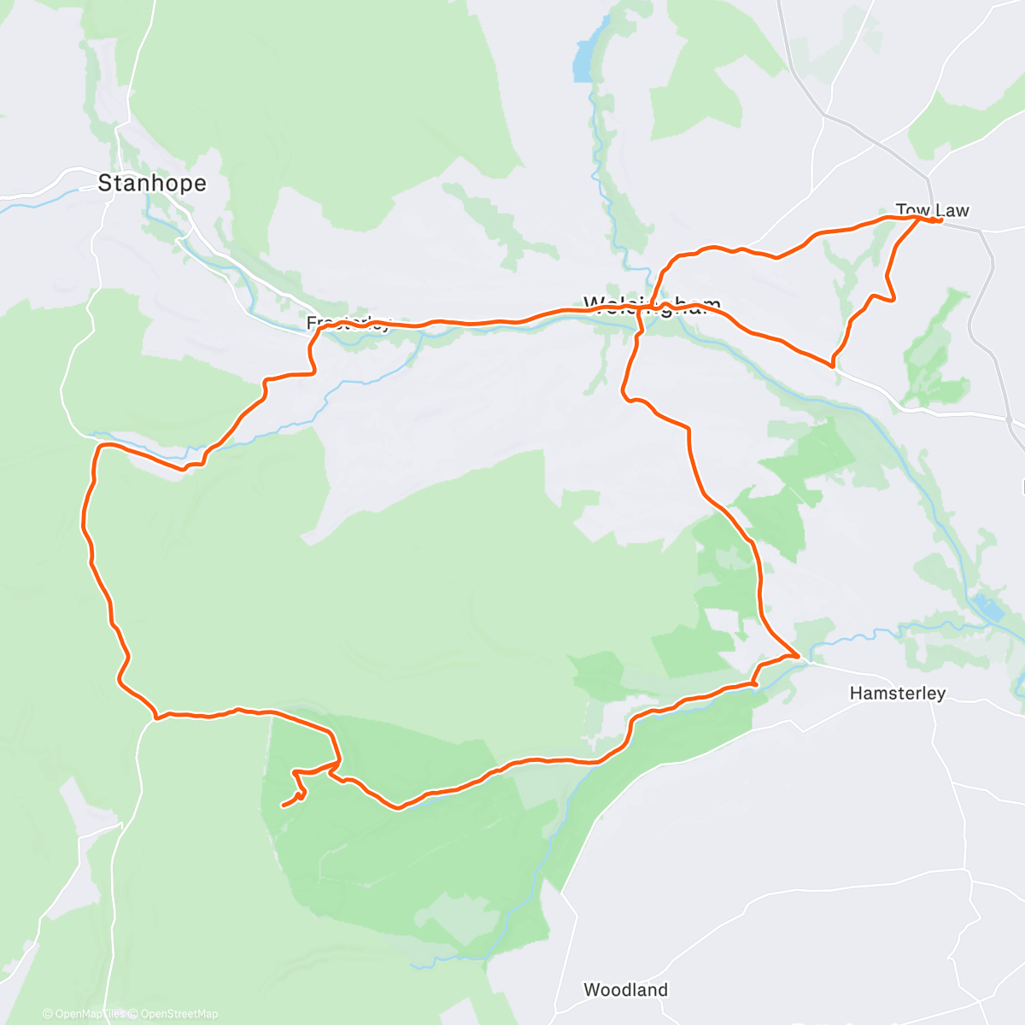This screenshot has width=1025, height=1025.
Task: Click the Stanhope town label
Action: pyautogui.click(x=152, y=183)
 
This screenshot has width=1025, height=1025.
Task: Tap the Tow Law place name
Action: pyautogui.click(x=932, y=210)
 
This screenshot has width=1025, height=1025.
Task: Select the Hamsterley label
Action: pyautogui.click(x=897, y=693)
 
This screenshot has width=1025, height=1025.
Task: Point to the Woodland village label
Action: pyautogui.click(x=625, y=990)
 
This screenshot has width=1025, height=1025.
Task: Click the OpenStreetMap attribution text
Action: pyautogui.click(x=179, y=1014)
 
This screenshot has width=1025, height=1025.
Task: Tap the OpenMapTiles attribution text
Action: pyautogui.click(x=90, y=1014)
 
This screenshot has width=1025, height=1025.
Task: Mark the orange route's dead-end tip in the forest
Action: pyautogui.click(x=283, y=805)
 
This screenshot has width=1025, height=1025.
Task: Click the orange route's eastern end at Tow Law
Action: pyautogui.click(x=940, y=221)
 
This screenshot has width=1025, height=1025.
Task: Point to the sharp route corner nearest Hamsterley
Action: pyautogui.click(x=799, y=655)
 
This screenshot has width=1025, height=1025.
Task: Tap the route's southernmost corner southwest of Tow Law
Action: pyautogui.click(x=833, y=365)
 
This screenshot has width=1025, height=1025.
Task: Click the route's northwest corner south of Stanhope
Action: pyautogui.click(x=99, y=447)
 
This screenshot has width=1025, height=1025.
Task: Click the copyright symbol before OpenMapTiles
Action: pyautogui.click(x=47, y=1014)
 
